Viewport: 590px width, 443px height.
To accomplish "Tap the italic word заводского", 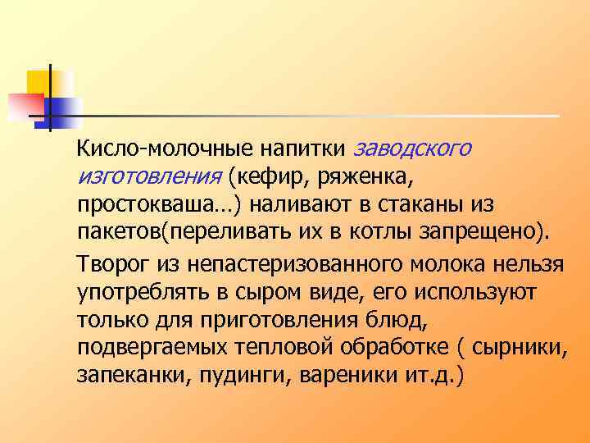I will (x=413, y=150).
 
